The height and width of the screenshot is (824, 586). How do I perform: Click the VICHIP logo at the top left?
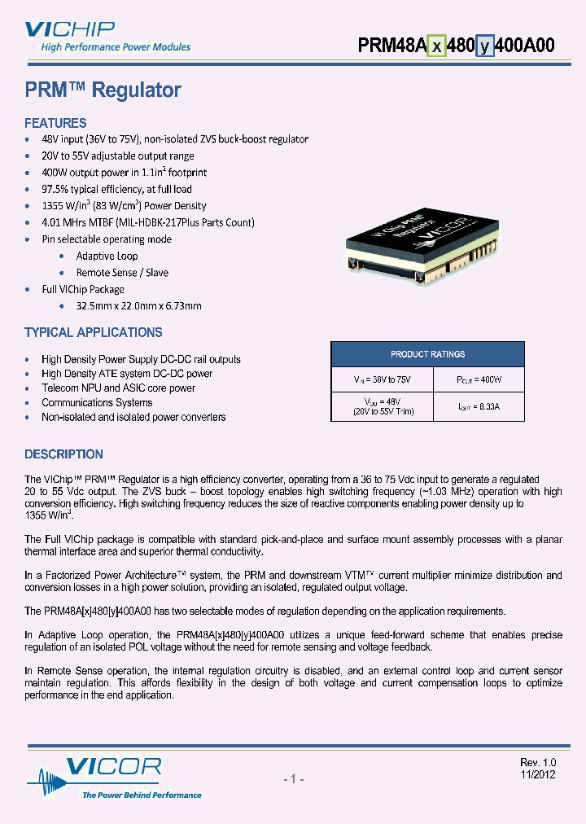pos(69,31)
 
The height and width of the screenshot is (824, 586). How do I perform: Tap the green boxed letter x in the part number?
pos(437,46)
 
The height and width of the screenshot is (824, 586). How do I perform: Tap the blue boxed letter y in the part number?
pos(485,46)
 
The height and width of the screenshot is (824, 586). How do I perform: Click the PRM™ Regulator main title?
pos(103,90)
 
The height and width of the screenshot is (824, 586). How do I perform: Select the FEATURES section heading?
pos(55,123)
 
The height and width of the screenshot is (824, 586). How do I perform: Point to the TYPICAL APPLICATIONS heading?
pos(94,332)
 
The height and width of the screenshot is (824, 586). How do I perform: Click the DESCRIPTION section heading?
pos(63,454)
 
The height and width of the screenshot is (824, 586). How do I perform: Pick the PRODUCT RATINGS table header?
pos(427,354)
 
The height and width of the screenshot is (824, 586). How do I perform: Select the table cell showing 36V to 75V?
pos(378,380)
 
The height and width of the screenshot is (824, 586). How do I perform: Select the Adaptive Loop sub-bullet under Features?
pos(107,256)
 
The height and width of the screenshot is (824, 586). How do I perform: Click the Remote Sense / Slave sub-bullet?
pos(122,273)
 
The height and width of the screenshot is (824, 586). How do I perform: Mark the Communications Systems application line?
pos(97,402)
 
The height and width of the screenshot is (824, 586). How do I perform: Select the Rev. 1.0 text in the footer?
pos(537,762)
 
